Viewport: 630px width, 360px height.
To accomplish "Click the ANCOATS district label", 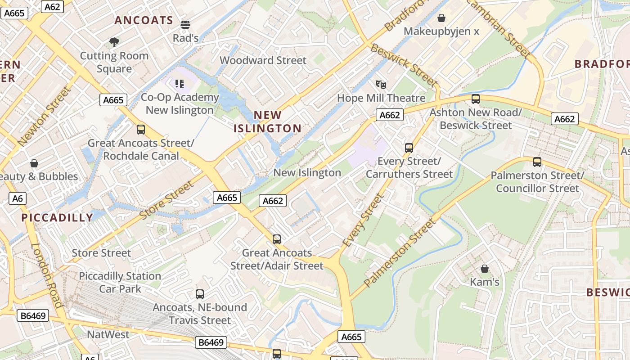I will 144,20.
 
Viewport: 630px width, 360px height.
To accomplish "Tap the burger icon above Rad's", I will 185,24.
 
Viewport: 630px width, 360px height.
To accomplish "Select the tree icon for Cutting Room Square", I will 114,42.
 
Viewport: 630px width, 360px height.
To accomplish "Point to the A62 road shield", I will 52,6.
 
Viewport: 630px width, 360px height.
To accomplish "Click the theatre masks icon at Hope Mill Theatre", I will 381,84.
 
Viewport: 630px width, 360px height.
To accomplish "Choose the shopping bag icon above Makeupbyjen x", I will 441,18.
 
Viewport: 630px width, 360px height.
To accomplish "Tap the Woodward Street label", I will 263,60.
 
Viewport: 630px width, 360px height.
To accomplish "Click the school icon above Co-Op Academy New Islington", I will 180,83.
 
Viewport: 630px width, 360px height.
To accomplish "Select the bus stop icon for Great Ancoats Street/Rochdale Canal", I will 141,130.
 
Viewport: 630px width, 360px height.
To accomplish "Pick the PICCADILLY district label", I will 57,218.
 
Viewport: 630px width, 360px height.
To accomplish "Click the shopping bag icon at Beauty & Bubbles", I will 34,163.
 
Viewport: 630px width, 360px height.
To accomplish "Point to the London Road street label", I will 47,275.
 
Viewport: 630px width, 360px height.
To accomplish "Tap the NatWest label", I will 108,334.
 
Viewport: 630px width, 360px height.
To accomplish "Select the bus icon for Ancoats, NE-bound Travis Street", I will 200,294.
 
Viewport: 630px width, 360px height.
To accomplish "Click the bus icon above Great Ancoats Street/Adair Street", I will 277,239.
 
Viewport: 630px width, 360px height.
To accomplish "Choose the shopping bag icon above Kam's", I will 485,269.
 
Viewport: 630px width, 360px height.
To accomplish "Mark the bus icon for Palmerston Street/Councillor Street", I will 537,162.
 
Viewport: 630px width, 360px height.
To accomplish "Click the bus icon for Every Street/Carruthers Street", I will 409,148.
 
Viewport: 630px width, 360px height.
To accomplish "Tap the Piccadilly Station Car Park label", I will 120,282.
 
